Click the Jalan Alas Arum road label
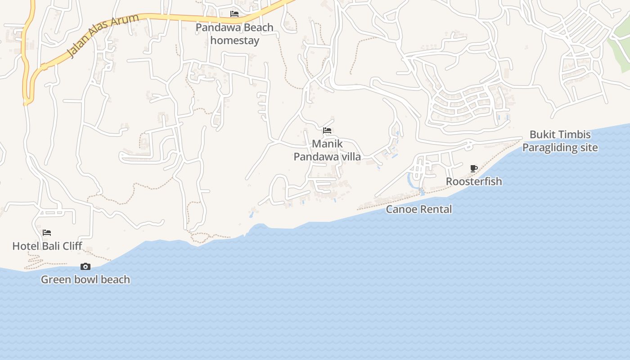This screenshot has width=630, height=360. point(103,36)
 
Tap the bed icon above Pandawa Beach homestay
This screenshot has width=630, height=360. point(234,14)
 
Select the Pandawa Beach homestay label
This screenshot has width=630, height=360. point(234,34)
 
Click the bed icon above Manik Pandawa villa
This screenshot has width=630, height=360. point(327,131)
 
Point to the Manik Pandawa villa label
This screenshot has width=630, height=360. point(327,150)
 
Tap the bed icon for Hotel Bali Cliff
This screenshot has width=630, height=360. point(47,233)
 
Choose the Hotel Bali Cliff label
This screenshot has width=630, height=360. point(47,246)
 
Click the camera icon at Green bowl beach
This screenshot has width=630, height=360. point(85,267)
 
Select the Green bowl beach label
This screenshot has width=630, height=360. point(85,279)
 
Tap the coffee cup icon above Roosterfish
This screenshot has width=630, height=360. point(473,169)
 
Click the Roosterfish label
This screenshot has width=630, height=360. point(474,181)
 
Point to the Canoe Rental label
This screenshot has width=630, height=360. point(419,209)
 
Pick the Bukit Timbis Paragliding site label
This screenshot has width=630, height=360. point(560,141)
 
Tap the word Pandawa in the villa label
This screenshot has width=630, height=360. point(315,157)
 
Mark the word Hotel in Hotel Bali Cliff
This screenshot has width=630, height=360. point(25,246)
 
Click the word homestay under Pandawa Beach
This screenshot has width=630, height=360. point(235,40)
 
